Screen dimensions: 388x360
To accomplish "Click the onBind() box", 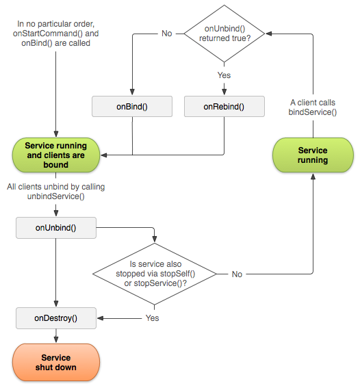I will pyautogui.click(x=131, y=107).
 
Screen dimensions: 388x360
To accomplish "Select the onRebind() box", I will pyautogui.click(x=224, y=107).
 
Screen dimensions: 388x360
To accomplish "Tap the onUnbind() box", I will pyautogui.click(x=55, y=228).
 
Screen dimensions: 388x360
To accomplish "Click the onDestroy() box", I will pyautogui.click(x=55, y=318).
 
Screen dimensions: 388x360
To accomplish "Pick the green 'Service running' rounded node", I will pyautogui.click(x=313, y=155).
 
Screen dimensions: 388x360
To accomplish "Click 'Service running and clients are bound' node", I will pyautogui.click(x=55, y=155).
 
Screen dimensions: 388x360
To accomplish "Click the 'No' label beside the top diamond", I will pyautogui.click(x=166, y=34).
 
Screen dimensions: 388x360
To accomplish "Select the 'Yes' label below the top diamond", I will pyautogui.click(x=224, y=75).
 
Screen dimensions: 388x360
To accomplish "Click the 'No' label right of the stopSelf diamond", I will pyautogui.click(x=237, y=274).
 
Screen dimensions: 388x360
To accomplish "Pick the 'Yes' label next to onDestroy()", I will pyautogui.click(x=152, y=318).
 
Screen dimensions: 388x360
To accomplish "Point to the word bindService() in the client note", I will pyautogui.click(x=312, y=112).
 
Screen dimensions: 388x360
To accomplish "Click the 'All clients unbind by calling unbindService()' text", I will pyautogui.click(x=55, y=191).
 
